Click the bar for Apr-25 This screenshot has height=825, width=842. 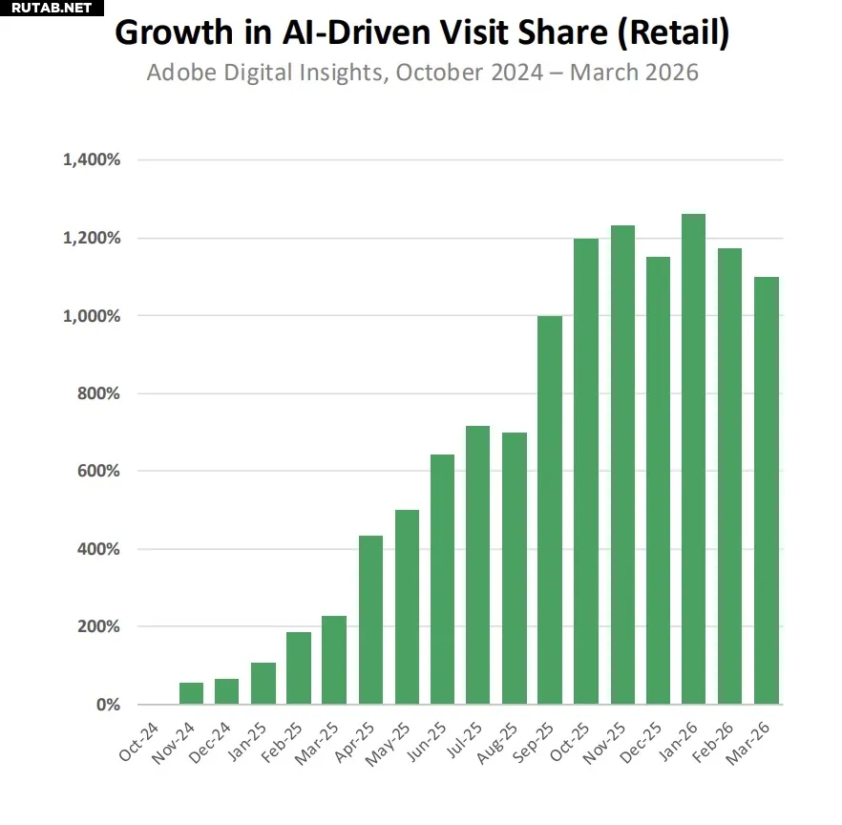pos(370,620)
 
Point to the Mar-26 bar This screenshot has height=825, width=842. pos(766,491)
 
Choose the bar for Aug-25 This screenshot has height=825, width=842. pos(515,568)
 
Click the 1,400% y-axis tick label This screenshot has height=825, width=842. pos(92,160)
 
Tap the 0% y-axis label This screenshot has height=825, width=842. pos(106,705)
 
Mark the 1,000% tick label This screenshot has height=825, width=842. pos(92,316)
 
